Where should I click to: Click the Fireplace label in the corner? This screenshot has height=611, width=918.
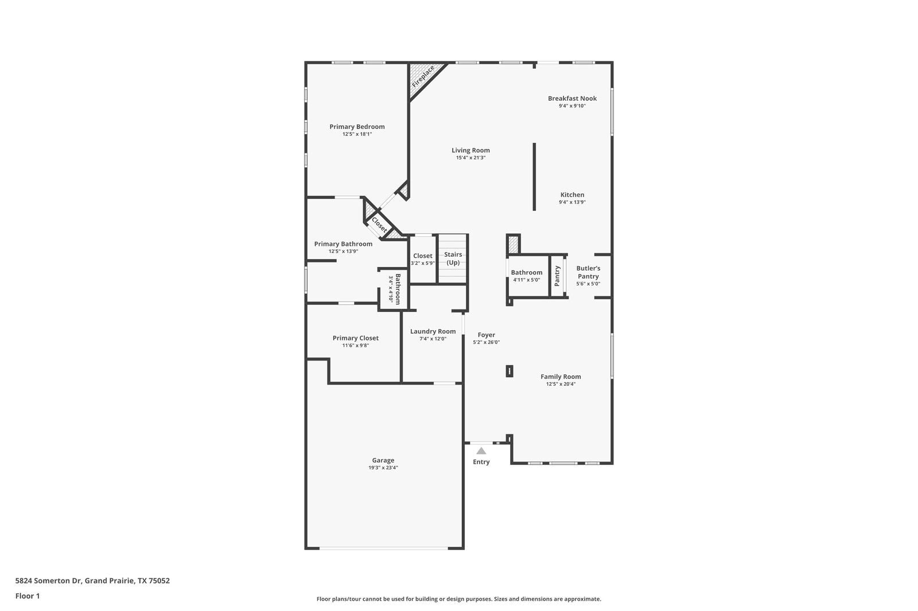(423, 76)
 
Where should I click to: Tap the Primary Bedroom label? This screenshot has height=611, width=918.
(357, 127)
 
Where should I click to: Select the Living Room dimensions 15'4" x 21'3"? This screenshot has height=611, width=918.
(470, 158)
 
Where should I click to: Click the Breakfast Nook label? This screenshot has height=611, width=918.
(572, 98)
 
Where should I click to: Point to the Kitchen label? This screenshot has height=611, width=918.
(572, 195)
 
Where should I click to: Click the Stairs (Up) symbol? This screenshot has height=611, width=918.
(453, 258)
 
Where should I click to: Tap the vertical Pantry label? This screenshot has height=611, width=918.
(557, 276)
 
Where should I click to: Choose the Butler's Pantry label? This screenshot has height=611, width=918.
(588, 272)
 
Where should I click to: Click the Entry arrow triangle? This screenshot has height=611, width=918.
(481, 451)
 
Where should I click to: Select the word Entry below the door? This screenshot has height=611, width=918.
(481, 462)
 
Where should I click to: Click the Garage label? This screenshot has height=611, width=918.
(383, 460)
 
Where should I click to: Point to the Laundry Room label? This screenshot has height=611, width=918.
(433, 331)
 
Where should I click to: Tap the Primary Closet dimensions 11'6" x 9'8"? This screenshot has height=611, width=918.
(355, 346)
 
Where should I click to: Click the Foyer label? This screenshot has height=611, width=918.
(486, 335)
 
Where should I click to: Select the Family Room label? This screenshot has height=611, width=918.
(561, 377)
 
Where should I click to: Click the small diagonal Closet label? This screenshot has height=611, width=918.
(379, 224)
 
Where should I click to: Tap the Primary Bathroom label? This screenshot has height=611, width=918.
(343, 244)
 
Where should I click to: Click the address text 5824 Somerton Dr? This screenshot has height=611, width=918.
(49, 581)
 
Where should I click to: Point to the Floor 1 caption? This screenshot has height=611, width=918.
(28, 596)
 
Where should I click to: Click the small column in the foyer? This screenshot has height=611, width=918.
(509, 371)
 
